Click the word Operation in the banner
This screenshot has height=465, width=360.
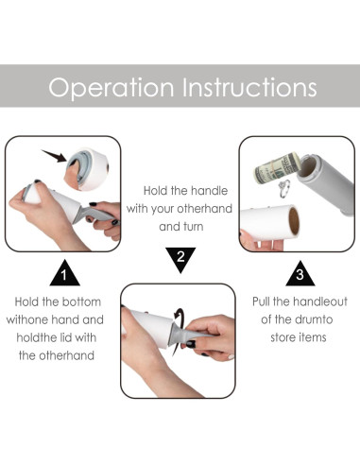point(111,87)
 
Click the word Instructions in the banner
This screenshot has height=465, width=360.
point(249,86)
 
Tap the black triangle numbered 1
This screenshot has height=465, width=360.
point(64,273)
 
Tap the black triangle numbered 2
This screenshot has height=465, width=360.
point(180,260)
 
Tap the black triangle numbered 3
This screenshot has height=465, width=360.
point(300,274)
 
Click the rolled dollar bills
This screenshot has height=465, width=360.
point(276,168)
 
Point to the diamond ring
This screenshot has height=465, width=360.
point(284,188)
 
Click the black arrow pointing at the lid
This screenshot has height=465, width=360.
point(54,156)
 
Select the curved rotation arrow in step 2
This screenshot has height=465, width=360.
point(180,328)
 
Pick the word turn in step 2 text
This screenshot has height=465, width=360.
point(193,227)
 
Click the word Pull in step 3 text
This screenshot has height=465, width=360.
point(261,301)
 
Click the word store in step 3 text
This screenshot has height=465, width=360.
point(283,337)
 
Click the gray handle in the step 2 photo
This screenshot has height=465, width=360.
point(186,334)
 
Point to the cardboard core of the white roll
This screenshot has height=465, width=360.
point(294,221)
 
